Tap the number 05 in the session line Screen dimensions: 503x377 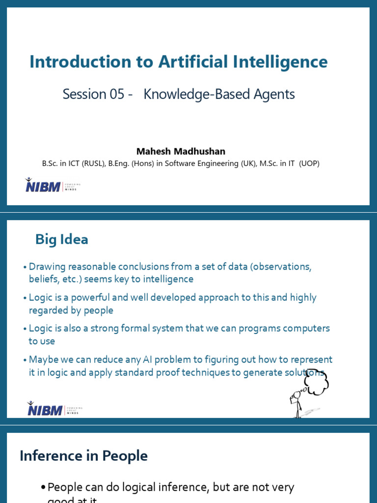(x=116, y=94)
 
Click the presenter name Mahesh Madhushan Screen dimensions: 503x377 (x=181, y=151)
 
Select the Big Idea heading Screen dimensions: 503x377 (x=62, y=240)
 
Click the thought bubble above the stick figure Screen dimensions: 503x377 (x=317, y=382)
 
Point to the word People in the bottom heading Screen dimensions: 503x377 (x=125, y=456)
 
